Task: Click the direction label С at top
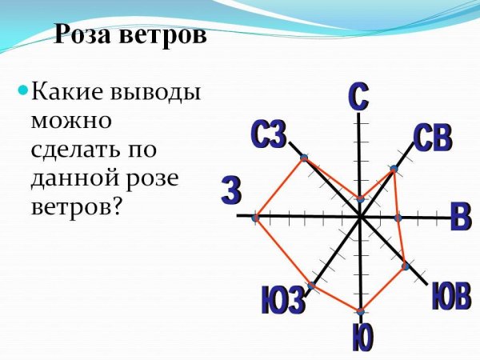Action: pos(358,97)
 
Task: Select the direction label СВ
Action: pos(433,138)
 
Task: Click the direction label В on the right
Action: pos(460,218)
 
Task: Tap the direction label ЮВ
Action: pos(450,298)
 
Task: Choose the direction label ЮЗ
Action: pos(283,302)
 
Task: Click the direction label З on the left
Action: pos(230,193)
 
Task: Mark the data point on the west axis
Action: pos(255,218)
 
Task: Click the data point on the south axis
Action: pos(361,310)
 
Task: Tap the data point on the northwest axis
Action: pos(304,158)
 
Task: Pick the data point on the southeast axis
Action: pos(405,265)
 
